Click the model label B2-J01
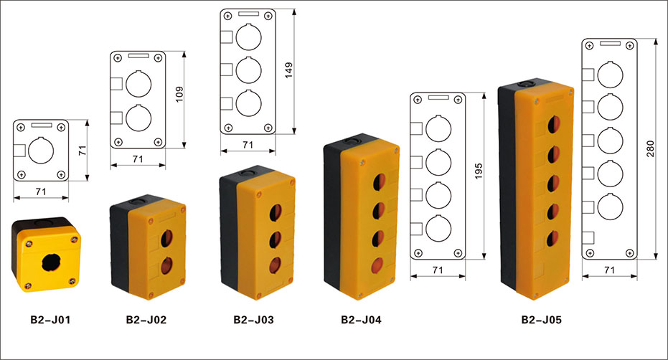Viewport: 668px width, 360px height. click(x=50, y=320)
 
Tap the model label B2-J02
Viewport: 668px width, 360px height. click(x=146, y=320)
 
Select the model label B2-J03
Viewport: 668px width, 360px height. click(x=253, y=320)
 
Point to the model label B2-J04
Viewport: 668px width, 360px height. click(x=361, y=320)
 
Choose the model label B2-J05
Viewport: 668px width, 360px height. click(x=542, y=320)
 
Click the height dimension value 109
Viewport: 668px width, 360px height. click(x=179, y=94)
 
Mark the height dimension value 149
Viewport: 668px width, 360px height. click(x=289, y=70)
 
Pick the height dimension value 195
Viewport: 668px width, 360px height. click(x=479, y=171)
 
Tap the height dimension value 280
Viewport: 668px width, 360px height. click(x=650, y=148)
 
